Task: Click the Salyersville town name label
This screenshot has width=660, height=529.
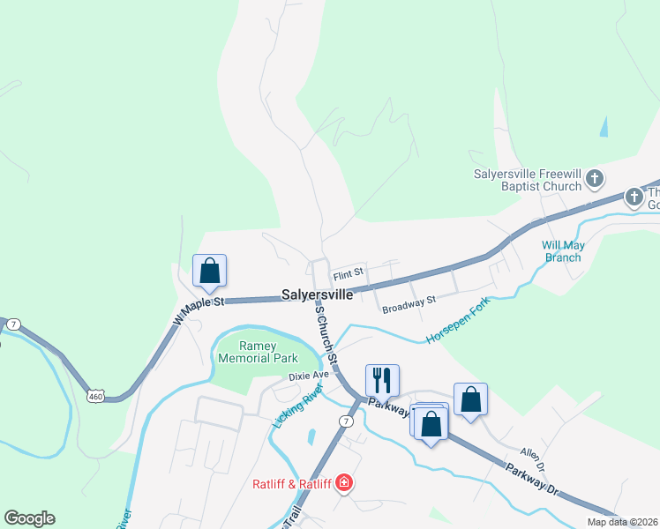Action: point(318,295)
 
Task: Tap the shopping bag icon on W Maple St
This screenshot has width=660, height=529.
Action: point(209,270)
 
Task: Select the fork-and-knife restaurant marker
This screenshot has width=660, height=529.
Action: point(382,380)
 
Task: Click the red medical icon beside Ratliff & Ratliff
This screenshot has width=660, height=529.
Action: point(343,483)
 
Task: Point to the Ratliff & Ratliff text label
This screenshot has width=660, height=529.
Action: point(291,483)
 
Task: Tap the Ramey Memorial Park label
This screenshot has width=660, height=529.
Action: point(259,353)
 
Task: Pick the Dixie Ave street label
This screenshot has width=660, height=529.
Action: point(308,375)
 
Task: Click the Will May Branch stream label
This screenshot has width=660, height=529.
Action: point(561,251)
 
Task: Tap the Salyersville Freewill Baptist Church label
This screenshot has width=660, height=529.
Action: point(528,180)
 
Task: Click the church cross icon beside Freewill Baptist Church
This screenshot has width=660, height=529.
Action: point(595,179)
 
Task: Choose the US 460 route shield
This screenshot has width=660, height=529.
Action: point(96,396)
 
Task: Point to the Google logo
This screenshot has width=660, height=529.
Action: point(29,518)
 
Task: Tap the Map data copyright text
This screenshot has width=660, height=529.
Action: point(621,522)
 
